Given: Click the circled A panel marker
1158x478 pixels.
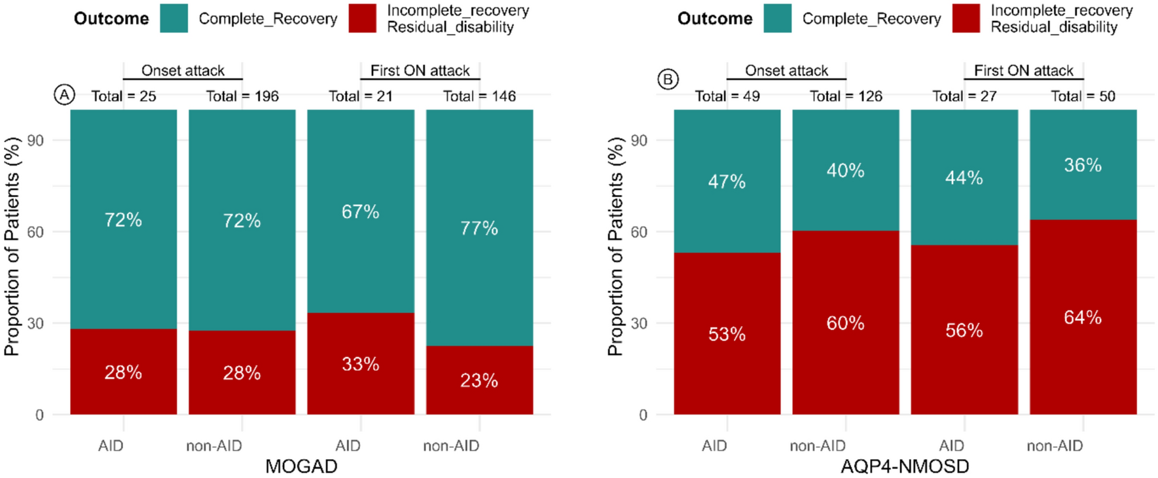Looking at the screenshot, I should tap(64, 95).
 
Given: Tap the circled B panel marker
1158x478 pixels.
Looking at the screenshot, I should tap(668, 79).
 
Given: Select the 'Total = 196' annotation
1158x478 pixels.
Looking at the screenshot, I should tap(242, 96).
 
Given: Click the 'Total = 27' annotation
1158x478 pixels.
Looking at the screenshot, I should tap(964, 96).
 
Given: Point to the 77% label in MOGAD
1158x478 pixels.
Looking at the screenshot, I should tap(479, 228).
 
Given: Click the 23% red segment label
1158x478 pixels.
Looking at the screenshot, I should tap(479, 380).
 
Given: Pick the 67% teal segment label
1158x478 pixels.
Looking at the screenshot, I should tap(360, 211).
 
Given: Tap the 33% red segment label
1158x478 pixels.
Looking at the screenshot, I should tap(360, 364).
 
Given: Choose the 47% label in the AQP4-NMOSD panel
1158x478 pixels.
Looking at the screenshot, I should tap(727, 181).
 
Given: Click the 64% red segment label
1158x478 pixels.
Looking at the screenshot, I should tap(1083, 318).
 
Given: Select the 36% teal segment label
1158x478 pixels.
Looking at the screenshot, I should tap(1083, 165).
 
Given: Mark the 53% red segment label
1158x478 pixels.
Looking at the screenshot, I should tap(727, 334).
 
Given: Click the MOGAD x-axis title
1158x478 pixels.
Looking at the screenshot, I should tap(301, 466).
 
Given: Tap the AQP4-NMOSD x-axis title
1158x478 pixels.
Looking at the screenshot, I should tap(905, 466).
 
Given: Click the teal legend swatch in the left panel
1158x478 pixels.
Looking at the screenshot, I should tap(174, 18).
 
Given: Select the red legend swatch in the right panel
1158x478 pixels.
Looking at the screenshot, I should tap(966, 18).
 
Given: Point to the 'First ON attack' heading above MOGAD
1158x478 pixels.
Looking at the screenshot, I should tap(420, 70).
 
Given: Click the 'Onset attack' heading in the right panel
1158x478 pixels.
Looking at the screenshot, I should tap(786, 70).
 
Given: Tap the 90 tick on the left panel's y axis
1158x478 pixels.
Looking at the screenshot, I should tap(35, 140).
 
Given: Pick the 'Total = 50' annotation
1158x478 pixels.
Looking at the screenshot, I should tap(1083, 96).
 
